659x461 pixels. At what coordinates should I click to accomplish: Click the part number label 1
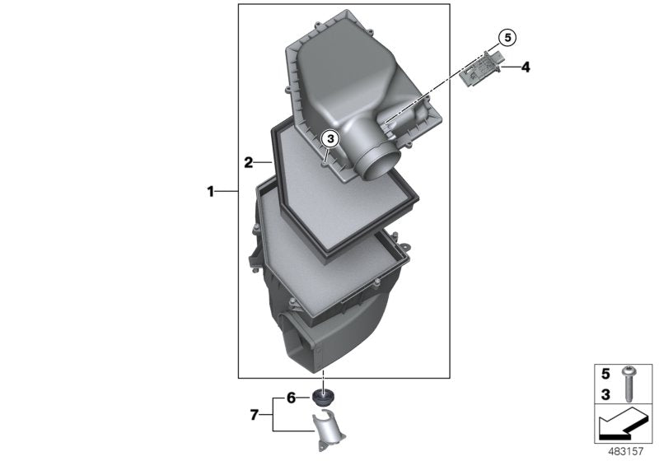pos(211,192)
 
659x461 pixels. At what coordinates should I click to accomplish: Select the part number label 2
pos(248,161)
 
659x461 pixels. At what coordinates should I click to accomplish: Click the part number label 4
pos(525,68)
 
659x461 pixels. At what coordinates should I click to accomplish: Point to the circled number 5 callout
pos(507,37)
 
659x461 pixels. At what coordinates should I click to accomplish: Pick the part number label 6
pos(291,398)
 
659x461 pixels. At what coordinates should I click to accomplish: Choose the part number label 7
pos(255,414)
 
